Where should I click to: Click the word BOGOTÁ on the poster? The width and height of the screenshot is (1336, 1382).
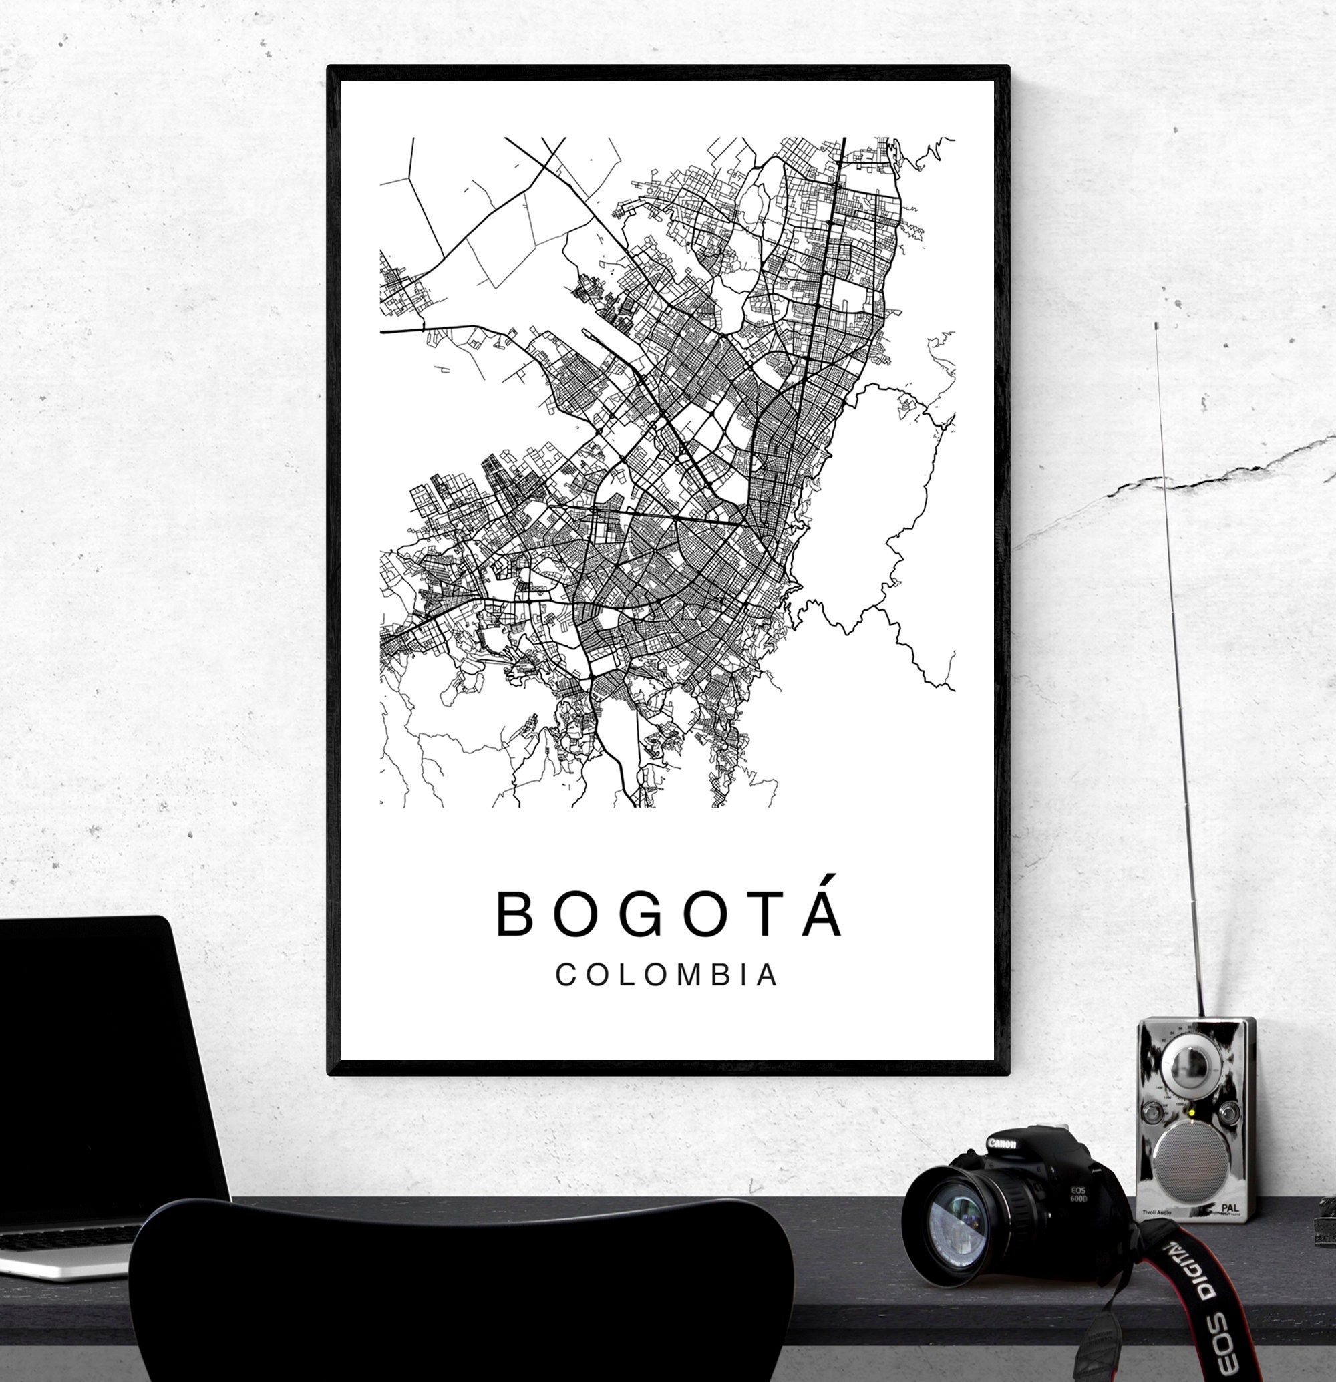[x=669, y=915]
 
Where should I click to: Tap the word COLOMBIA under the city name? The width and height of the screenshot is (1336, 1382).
[x=667, y=975]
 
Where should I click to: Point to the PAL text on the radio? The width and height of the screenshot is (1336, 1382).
[x=1230, y=1208]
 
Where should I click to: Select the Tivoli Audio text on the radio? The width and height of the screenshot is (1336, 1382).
[x=1156, y=1212]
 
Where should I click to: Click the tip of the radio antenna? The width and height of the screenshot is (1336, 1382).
[x=1156, y=326]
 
